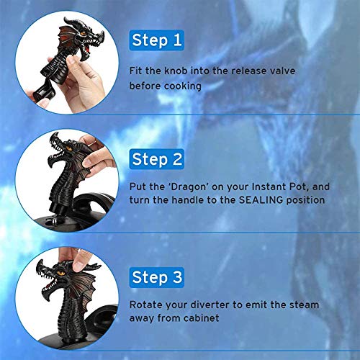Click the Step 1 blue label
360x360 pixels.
157,40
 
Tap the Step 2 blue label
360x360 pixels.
157,159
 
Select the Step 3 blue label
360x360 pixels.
157,277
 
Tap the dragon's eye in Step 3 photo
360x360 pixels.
60,273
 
